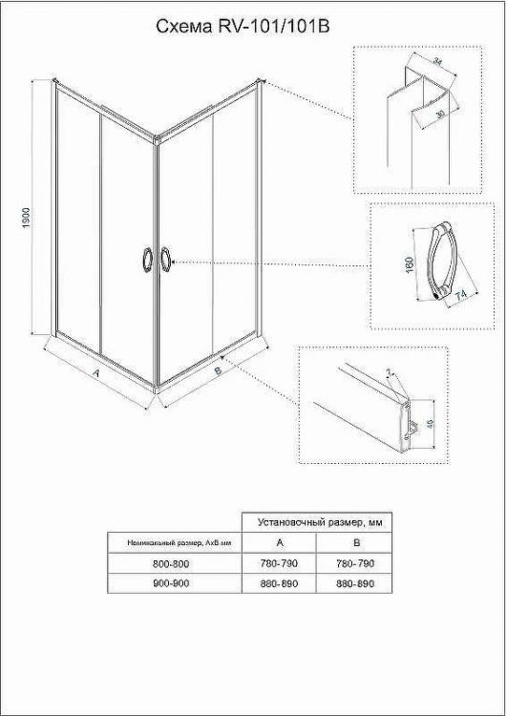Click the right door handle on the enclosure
[167, 259]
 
